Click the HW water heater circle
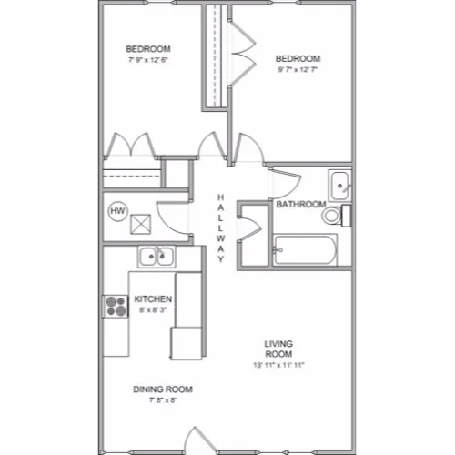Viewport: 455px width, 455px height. point(118,211)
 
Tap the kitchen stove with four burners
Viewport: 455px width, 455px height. point(116,307)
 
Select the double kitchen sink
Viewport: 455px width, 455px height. point(157,257)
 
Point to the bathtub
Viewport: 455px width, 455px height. point(305,250)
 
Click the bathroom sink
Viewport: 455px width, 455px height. point(339,186)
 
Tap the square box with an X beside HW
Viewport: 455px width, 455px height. point(141,225)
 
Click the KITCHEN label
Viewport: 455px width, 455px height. point(153,299)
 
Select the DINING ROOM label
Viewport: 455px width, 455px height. point(163,389)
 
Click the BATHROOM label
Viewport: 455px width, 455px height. point(301,204)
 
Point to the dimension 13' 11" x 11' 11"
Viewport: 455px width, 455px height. point(278,365)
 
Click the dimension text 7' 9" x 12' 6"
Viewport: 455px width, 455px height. point(148,60)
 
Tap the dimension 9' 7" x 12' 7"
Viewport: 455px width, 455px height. point(298,69)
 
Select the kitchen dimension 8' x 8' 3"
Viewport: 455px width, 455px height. point(153,310)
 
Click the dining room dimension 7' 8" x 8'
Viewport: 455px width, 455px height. point(163,400)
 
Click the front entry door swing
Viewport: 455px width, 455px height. point(200,440)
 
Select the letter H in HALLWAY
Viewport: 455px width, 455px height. point(221,197)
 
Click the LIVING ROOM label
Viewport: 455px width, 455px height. point(278,349)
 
